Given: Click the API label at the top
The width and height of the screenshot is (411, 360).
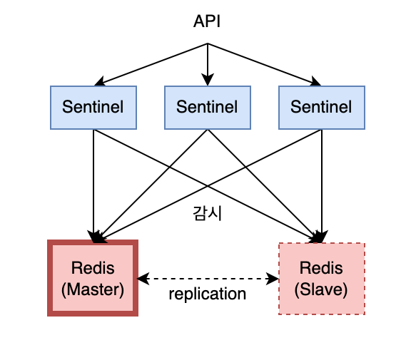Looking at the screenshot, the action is (207, 21).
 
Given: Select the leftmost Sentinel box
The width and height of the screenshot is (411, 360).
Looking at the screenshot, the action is (93, 108).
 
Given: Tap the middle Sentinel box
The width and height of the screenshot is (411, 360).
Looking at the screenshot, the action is (208, 108).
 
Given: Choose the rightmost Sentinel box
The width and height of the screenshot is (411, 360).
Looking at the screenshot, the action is (322, 108).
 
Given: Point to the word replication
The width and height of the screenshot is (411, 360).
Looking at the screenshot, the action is (208, 294).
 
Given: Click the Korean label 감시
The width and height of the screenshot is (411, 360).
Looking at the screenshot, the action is (208, 213).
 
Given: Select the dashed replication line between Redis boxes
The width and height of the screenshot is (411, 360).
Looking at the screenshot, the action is (208, 279).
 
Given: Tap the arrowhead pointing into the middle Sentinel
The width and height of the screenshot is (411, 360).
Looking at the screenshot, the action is (208, 80).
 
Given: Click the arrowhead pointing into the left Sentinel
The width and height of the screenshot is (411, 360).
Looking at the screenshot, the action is (99, 81).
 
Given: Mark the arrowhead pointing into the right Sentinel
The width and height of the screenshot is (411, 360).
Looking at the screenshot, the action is (316, 81).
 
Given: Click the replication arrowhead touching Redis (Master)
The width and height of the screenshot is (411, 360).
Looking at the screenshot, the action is (143, 279).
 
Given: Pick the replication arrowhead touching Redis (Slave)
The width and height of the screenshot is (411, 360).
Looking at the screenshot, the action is (273, 279).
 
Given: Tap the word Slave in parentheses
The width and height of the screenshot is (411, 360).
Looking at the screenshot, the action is (321, 289).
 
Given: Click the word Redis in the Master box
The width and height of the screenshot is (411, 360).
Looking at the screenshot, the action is (93, 268).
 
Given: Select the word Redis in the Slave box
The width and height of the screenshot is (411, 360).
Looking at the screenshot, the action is (321, 268).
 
